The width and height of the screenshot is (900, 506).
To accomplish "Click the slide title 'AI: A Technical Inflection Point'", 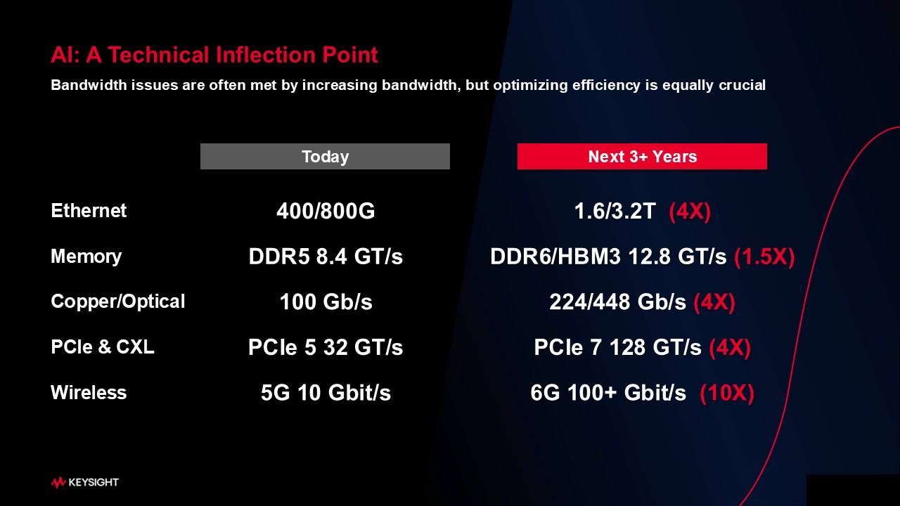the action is [x=214, y=55].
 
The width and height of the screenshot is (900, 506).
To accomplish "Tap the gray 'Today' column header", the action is [x=325, y=156].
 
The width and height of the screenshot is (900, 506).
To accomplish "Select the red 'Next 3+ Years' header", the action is [x=642, y=156].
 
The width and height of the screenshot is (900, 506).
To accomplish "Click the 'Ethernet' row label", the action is [x=89, y=210].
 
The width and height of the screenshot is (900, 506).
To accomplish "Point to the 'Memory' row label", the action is [x=86, y=257].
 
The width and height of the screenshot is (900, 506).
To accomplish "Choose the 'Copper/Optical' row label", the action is [x=117, y=301].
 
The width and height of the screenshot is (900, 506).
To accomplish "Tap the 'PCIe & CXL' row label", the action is [x=103, y=346].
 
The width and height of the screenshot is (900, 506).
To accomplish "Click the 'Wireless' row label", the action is [x=89, y=392].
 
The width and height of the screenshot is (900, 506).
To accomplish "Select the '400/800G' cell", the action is [x=326, y=211].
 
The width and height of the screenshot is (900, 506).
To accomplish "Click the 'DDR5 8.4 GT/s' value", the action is [x=326, y=257].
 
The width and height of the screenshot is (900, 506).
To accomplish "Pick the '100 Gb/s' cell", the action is [x=326, y=301].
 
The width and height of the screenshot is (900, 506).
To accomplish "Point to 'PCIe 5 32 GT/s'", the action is [x=326, y=347].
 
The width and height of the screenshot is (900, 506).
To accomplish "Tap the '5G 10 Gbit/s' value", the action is [x=326, y=392].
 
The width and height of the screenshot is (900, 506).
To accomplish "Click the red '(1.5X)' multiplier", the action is [x=764, y=257].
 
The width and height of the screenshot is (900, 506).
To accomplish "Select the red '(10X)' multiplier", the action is [x=727, y=393].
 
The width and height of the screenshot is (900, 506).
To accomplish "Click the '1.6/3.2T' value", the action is [x=615, y=211].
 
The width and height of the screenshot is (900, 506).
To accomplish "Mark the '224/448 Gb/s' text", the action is [x=617, y=301].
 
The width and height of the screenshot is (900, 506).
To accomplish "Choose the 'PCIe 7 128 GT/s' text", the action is [x=617, y=347].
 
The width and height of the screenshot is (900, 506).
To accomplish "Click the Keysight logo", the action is [x=85, y=482].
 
